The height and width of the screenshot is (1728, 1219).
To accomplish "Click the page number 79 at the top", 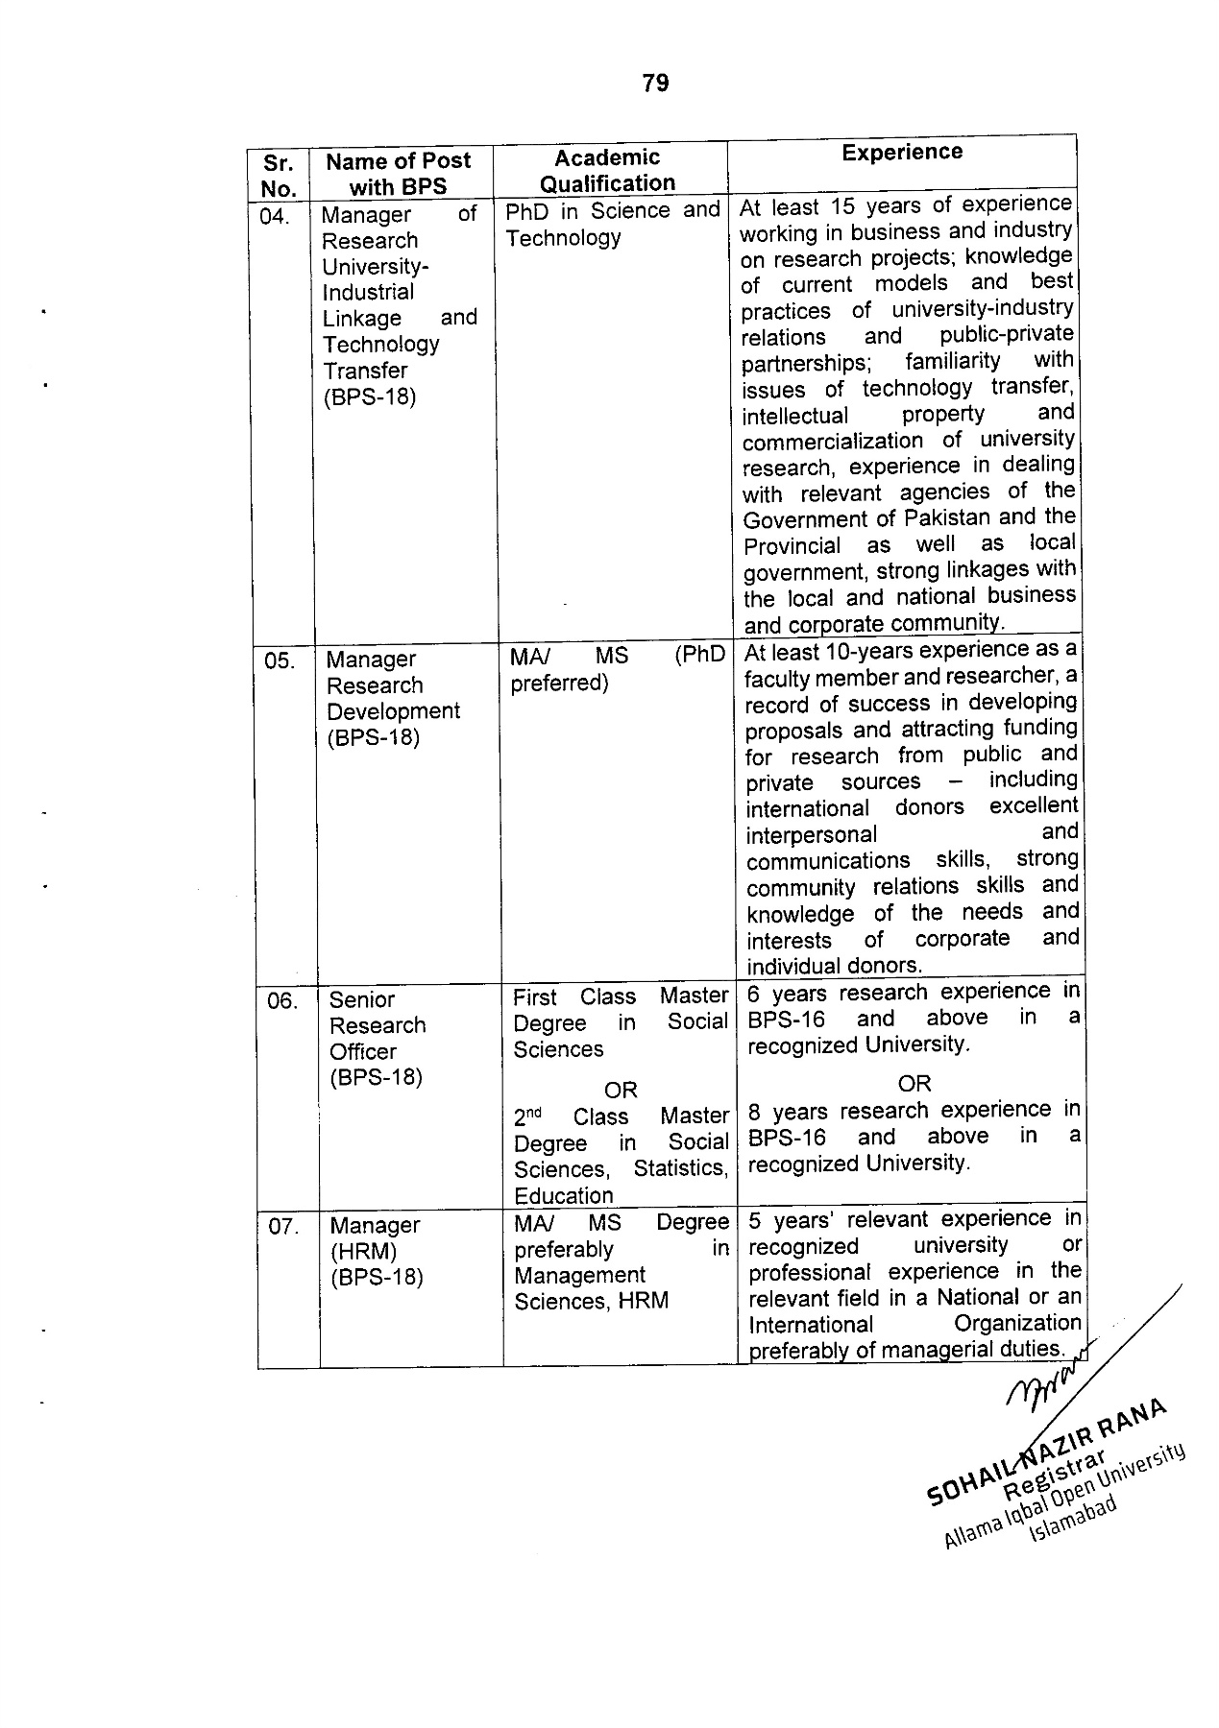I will pos(655,84).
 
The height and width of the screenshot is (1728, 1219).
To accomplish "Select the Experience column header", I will pos(901,153).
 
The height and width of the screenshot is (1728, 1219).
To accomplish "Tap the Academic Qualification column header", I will pos(608,170).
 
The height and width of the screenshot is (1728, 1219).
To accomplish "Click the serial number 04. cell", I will pos(275,216).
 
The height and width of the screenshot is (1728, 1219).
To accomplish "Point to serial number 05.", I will pos(279,660).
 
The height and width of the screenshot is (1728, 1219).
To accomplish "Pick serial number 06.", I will pos(282,1001).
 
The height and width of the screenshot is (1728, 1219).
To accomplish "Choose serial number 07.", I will pos(283,1227).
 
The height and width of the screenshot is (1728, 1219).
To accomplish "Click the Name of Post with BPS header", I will pos(398,174).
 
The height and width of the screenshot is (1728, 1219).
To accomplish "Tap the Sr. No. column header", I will pos(278,175).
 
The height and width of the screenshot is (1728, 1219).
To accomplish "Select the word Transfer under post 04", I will pos(365,371).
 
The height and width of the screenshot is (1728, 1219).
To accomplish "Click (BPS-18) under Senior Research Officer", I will pos(376,1077).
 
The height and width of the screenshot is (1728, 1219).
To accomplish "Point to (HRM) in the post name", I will pos(362,1252).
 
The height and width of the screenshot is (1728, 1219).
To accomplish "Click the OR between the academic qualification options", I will pos(621,1091).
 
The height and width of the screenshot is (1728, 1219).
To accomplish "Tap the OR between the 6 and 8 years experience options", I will pos(914,1084).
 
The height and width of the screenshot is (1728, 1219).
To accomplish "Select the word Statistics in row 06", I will pos(679,1168).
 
